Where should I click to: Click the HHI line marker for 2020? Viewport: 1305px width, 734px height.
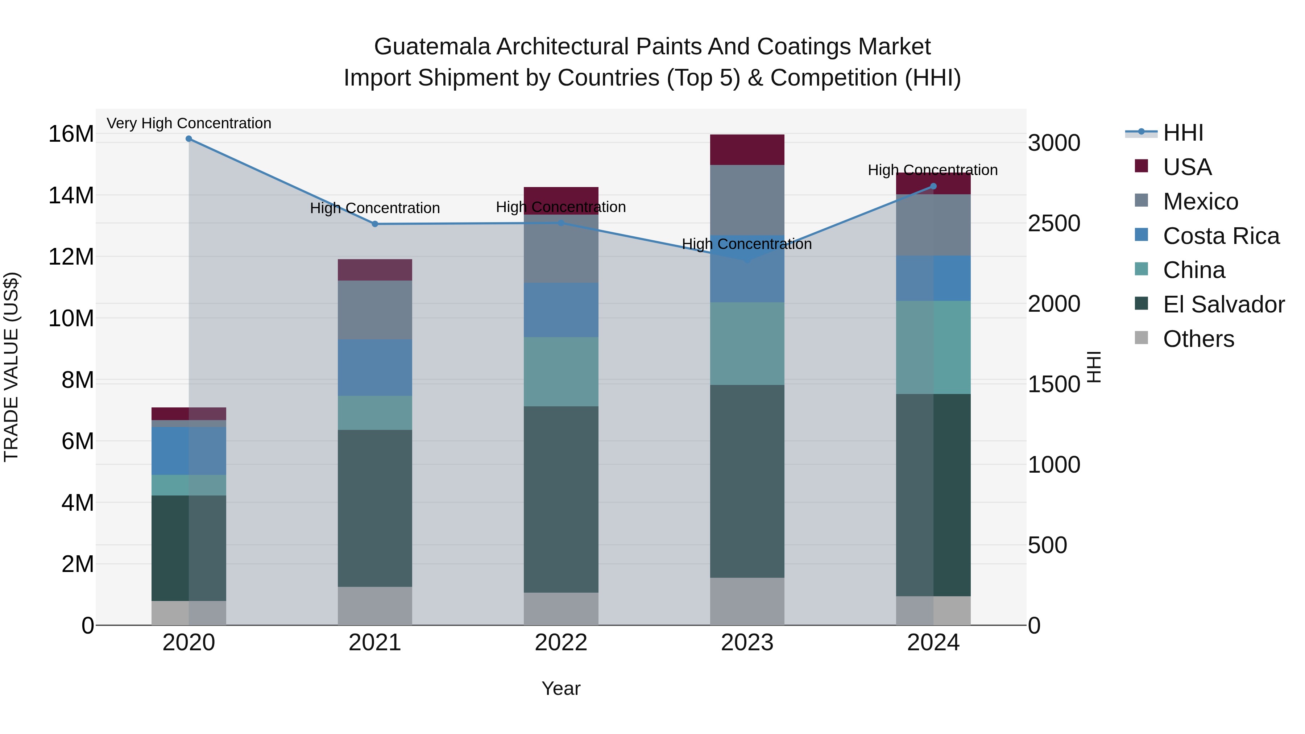point(188,139)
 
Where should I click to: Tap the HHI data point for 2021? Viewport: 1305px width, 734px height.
point(375,224)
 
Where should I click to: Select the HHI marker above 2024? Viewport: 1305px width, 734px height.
point(934,186)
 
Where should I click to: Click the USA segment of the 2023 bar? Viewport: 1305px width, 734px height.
point(747,150)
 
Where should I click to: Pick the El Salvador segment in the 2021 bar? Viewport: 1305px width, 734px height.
point(375,508)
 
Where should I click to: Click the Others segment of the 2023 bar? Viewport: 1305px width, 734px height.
point(747,601)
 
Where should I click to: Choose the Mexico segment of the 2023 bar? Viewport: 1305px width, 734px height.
point(747,200)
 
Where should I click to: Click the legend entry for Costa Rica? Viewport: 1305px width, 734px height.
point(1221,236)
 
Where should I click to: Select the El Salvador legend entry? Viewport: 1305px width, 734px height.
point(1223,305)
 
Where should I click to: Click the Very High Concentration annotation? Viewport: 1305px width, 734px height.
point(189,124)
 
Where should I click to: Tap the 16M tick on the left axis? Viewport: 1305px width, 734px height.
point(71,134)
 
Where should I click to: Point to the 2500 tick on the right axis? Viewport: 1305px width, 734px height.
point(1054,223)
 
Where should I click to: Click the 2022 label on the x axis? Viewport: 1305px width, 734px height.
point(561,643)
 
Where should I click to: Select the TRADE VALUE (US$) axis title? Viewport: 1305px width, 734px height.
point(11,367)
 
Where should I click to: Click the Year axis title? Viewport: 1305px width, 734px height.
point(561,688)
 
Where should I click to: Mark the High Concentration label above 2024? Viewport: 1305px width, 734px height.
point(933,170)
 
